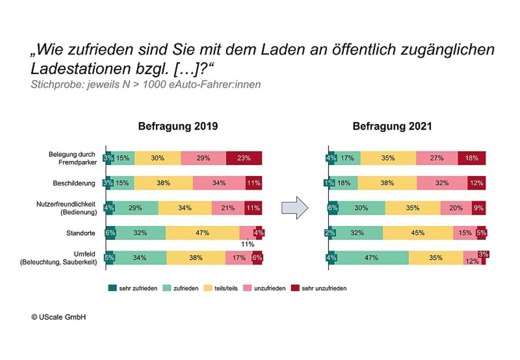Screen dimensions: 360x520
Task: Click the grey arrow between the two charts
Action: (295, 208)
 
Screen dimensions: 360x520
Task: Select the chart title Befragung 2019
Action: (178, 126)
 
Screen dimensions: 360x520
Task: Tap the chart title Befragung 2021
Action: (392, 126)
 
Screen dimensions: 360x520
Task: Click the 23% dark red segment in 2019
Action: (244, 158)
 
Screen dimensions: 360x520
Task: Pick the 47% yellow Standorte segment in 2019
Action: (203, 233)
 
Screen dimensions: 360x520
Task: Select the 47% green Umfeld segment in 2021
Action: (372, 258)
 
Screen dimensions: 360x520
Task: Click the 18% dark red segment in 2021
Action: (471, 158)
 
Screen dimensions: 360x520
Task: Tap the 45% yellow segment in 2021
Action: (418, 233)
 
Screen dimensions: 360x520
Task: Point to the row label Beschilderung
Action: (74, 183)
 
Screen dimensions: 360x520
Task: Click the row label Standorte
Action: (81, 233)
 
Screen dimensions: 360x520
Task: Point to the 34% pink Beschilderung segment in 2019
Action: (219, 183)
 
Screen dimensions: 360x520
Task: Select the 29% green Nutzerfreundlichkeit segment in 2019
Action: (135, 208)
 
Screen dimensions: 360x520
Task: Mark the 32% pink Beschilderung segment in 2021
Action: (442, 183)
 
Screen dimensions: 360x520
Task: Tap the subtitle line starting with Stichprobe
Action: (145, 85)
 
